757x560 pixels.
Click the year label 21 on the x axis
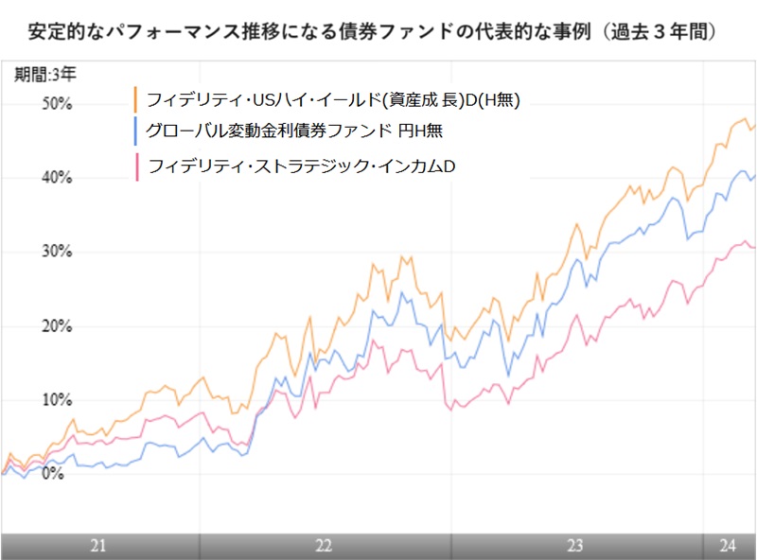97,546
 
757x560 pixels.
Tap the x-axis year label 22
324,546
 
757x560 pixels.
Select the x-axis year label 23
573,546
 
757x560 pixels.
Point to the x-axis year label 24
728,546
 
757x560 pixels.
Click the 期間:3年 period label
44,74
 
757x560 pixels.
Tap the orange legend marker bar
136,99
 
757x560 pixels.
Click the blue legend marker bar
136,130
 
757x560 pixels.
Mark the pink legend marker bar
136,166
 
